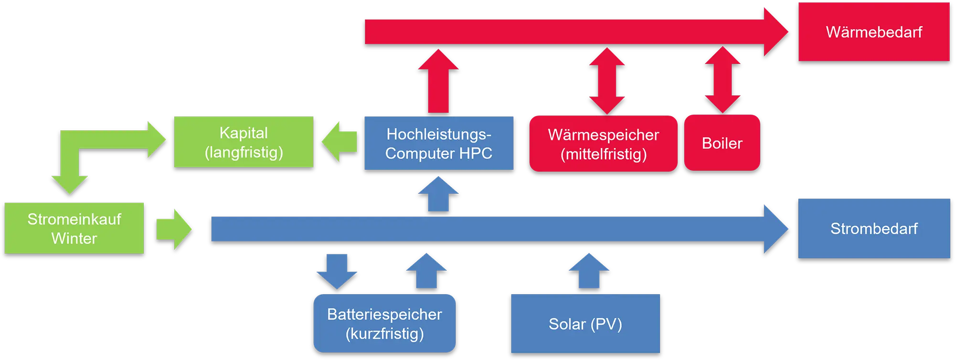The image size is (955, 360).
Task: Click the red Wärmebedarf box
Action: tap(874, 32)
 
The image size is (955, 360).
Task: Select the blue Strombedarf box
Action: tap(874, 228)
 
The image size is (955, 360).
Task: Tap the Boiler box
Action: tap(722, 143)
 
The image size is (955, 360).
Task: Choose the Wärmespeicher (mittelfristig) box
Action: tap(604, 144)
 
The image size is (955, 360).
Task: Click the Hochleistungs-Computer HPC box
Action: tap(439, 143)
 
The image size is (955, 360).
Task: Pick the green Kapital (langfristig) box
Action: tap(244, 142)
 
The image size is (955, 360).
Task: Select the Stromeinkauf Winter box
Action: tap(74, 228)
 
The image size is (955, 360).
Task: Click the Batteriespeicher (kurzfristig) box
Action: tap(384, 323)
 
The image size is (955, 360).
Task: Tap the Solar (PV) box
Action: tap(585, 324)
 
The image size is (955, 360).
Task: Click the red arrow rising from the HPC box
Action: tap(438, 81)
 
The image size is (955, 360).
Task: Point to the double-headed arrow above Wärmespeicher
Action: tap(607, 81)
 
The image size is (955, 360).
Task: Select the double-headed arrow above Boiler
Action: tap(722, 80)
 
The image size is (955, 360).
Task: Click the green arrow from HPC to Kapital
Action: tap(340, 142)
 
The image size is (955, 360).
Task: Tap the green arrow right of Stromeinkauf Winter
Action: tap(174, 229)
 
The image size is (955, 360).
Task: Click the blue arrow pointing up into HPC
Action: tap(438, 194)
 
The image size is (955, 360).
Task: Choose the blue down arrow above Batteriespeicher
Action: tap(337, 272)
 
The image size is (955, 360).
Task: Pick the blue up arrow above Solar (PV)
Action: tap(589, 271)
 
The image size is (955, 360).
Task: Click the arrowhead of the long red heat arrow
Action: tap(776, 32)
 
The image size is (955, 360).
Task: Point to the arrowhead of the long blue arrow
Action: tap(776, 229)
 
